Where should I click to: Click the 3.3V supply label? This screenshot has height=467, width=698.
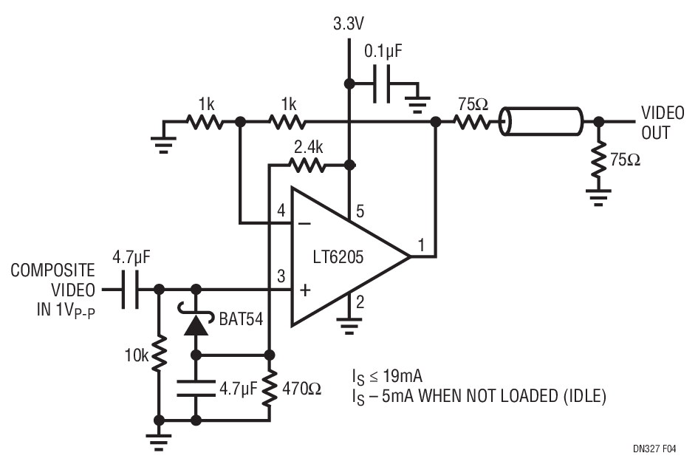point(348,24)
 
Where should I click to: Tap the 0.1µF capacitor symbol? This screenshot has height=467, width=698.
point(382,83)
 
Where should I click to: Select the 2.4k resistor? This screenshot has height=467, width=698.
point(307,166)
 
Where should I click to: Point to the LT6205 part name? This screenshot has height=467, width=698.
point(338,257)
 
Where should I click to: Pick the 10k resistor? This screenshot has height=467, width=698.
point(159,355)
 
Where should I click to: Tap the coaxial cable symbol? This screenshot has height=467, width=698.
point(540,121)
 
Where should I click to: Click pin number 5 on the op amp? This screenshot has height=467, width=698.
point(360,211)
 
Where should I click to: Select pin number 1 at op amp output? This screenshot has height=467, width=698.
point(421,245)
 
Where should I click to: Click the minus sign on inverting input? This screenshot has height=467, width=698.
point(304,223)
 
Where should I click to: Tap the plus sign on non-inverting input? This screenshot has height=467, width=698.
point(305,290)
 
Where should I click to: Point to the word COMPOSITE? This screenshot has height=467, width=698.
point(53,270)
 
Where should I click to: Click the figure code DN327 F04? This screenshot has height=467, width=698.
point(654,449)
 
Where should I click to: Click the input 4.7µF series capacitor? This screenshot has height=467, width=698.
point(130,290)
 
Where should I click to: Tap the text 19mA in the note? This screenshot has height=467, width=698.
point(402,377)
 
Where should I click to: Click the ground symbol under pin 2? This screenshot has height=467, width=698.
point(349,326)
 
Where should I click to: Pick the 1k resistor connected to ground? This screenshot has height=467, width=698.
point(205,121)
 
